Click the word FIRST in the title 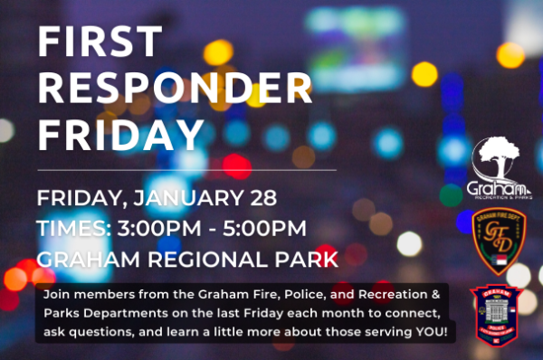100,43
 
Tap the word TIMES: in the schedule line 72,228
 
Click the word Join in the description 54,296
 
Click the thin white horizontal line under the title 186,169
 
